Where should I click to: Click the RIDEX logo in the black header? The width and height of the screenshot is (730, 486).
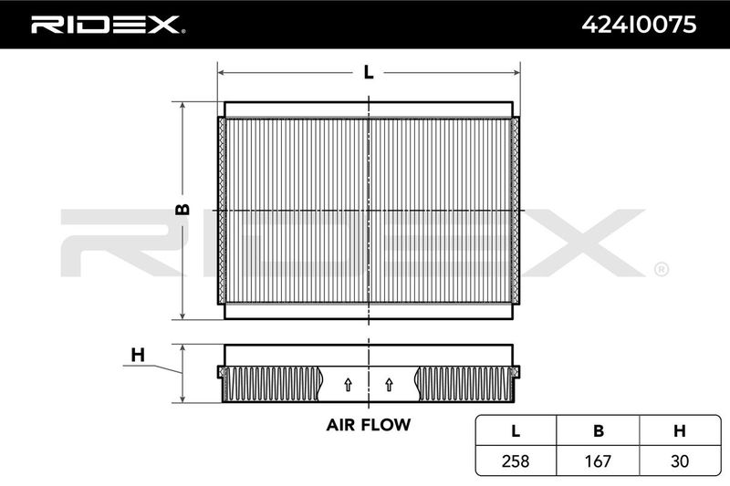(x=108, y=25)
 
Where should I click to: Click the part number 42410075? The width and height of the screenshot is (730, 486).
(x=639, y=25)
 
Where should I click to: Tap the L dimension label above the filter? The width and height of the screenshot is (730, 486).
(x=369, y=72)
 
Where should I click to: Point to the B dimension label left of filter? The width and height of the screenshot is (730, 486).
(x=182, y=210)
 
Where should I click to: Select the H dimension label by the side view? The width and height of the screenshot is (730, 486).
(x=138, y=355)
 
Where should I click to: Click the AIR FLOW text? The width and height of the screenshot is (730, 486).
(x=369, y=425)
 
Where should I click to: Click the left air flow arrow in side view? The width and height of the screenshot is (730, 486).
(x=348, y=385)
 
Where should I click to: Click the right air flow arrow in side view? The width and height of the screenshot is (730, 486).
(x=390, y=385)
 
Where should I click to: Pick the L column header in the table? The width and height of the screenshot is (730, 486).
(x=516, y=431)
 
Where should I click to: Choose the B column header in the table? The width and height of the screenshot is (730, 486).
(x=599, y=431)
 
